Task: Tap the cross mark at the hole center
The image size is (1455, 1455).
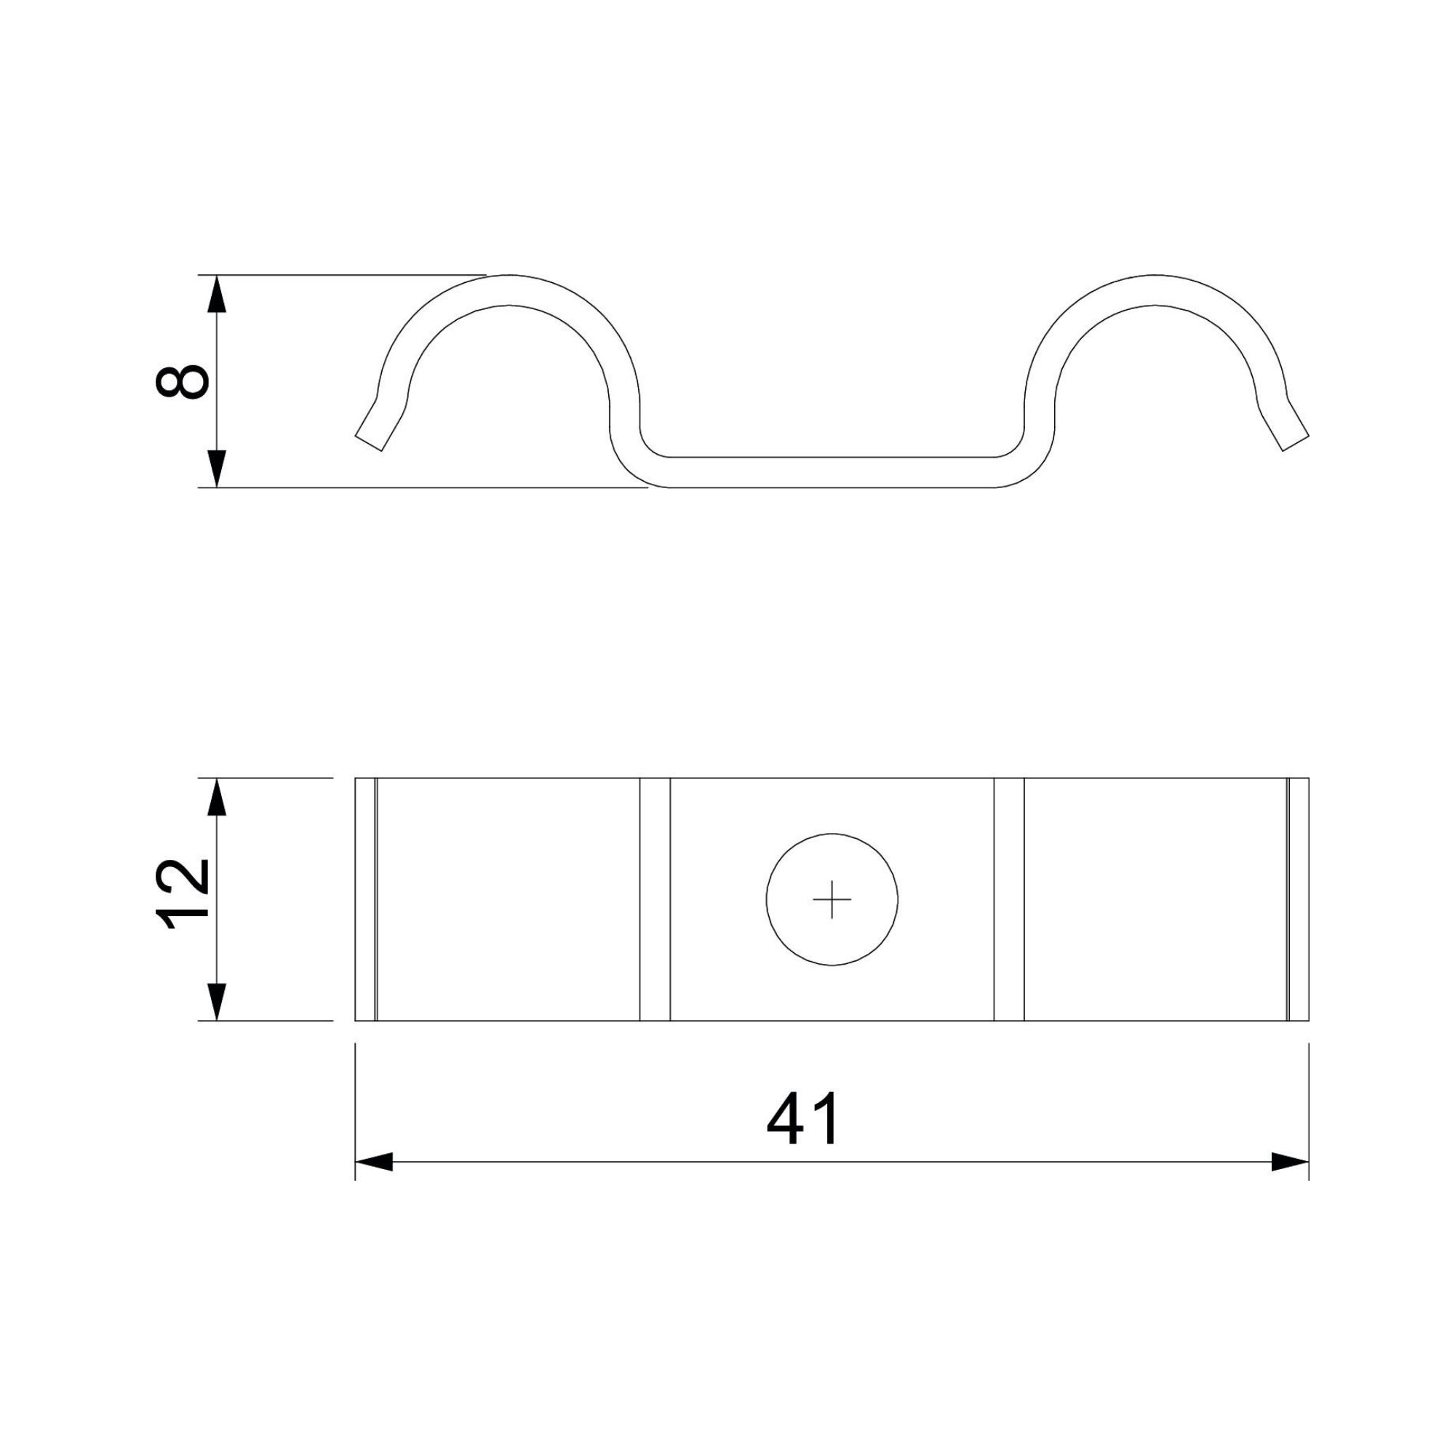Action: pyautogui.click(x=832, y=899)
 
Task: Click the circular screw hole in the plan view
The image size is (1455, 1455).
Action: pyautogui.click(x=832, y=834)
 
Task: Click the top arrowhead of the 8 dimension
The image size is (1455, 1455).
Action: pyautogui.click(x=217, y=294)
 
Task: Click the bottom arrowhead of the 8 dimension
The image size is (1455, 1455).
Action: pyautogui.click(x=217, y=469)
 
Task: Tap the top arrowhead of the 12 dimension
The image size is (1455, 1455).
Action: pyautogui.click(x=217, y=797)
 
